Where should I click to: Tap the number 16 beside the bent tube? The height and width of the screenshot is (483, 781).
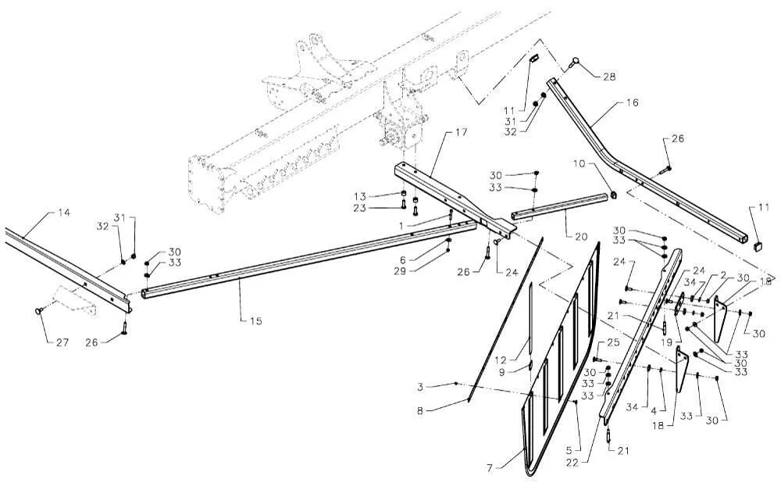[631, 102]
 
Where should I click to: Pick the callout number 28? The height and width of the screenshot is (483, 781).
[608, 77]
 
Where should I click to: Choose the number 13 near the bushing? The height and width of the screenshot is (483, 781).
[359, 195]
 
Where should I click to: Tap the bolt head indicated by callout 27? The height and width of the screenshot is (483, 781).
[37, 311]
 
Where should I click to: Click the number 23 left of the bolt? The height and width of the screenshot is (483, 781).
[359, 208]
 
